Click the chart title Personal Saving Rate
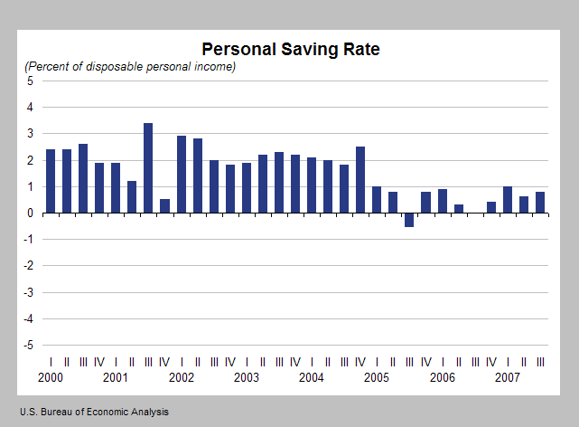290,49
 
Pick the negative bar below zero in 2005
409,220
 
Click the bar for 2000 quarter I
51,181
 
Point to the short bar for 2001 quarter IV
164,206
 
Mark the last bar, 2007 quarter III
539,203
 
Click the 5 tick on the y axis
30,81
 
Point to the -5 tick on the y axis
28,346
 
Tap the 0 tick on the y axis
30,213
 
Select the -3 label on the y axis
28,293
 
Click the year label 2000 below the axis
51,377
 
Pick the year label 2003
247,377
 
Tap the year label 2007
507,377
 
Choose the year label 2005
377,377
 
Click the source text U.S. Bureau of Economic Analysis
93,412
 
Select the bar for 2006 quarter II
459,209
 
